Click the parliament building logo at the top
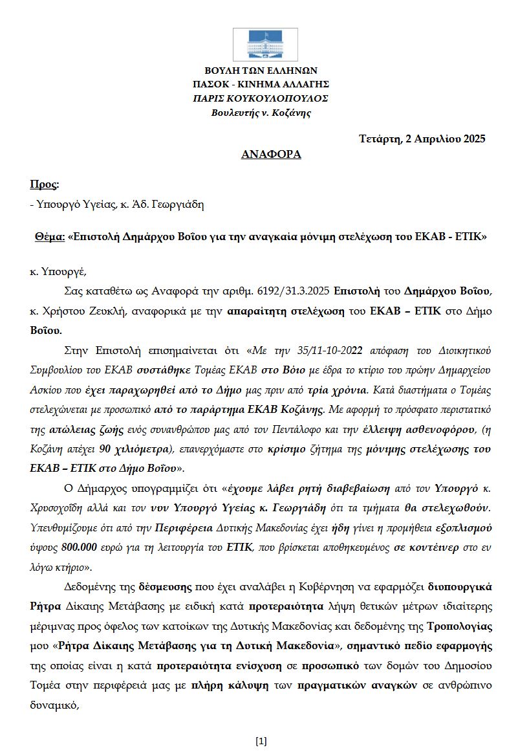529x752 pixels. (x=264, y=44)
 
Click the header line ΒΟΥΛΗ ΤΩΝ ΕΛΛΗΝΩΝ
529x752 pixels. (x=261, y=71)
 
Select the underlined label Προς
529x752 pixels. (x=43, y=184)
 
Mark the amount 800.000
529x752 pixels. (x=80, y=547)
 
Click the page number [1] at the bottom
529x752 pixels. (x=261, y=740)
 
